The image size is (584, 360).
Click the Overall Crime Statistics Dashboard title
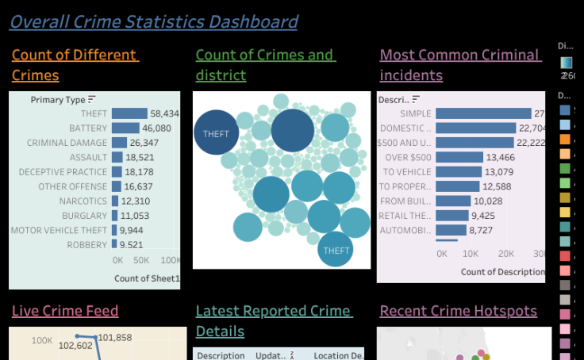point(153,21)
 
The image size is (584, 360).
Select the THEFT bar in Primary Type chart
point(129,113)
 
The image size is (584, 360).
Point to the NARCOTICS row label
point(83,201)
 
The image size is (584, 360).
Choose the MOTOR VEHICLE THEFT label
point(59,230)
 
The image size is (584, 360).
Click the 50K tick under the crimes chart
point(144,260)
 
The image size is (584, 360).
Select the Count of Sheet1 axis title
point(147,278)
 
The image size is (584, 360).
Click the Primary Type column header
point(58,100)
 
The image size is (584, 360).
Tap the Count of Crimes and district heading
point(265,65)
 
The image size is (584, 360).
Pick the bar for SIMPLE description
point(483,113)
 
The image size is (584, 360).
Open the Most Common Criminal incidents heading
point(460,65)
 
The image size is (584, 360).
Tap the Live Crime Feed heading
point(65,311)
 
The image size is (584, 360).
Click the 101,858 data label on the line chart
point(116,338)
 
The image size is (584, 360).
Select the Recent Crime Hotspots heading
point(458,311)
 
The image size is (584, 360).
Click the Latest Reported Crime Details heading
point(273,321)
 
